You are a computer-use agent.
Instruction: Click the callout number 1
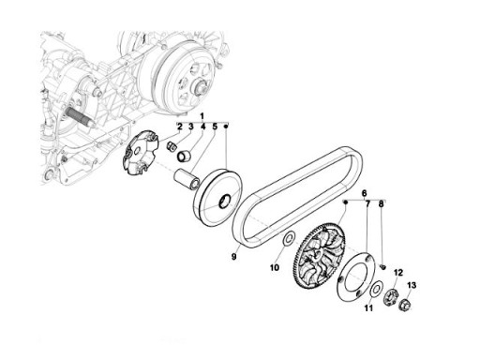(x=202, y=115)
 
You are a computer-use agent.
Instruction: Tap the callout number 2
(x=180, y=127)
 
